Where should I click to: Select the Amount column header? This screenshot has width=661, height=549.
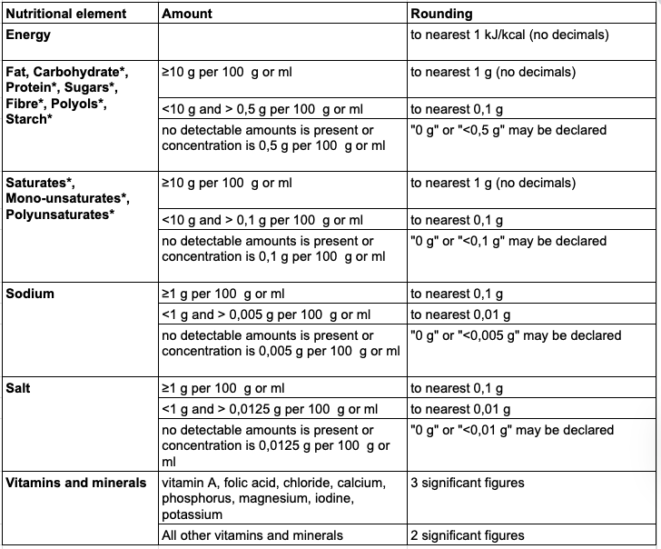click(187, 15)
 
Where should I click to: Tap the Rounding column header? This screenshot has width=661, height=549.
click(441, 15)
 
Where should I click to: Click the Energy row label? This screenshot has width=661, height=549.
click(29, 35)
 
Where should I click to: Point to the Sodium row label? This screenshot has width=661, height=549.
click(30, 294)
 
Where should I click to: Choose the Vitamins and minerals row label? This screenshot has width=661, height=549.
click(76, 483)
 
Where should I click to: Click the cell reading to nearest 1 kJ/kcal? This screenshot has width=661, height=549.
click(508, 35)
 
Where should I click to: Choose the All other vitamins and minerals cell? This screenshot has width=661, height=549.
click(252, 535)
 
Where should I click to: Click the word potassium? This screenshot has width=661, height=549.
click(192, 514)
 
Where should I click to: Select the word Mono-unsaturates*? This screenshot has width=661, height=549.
click(66, 198)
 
